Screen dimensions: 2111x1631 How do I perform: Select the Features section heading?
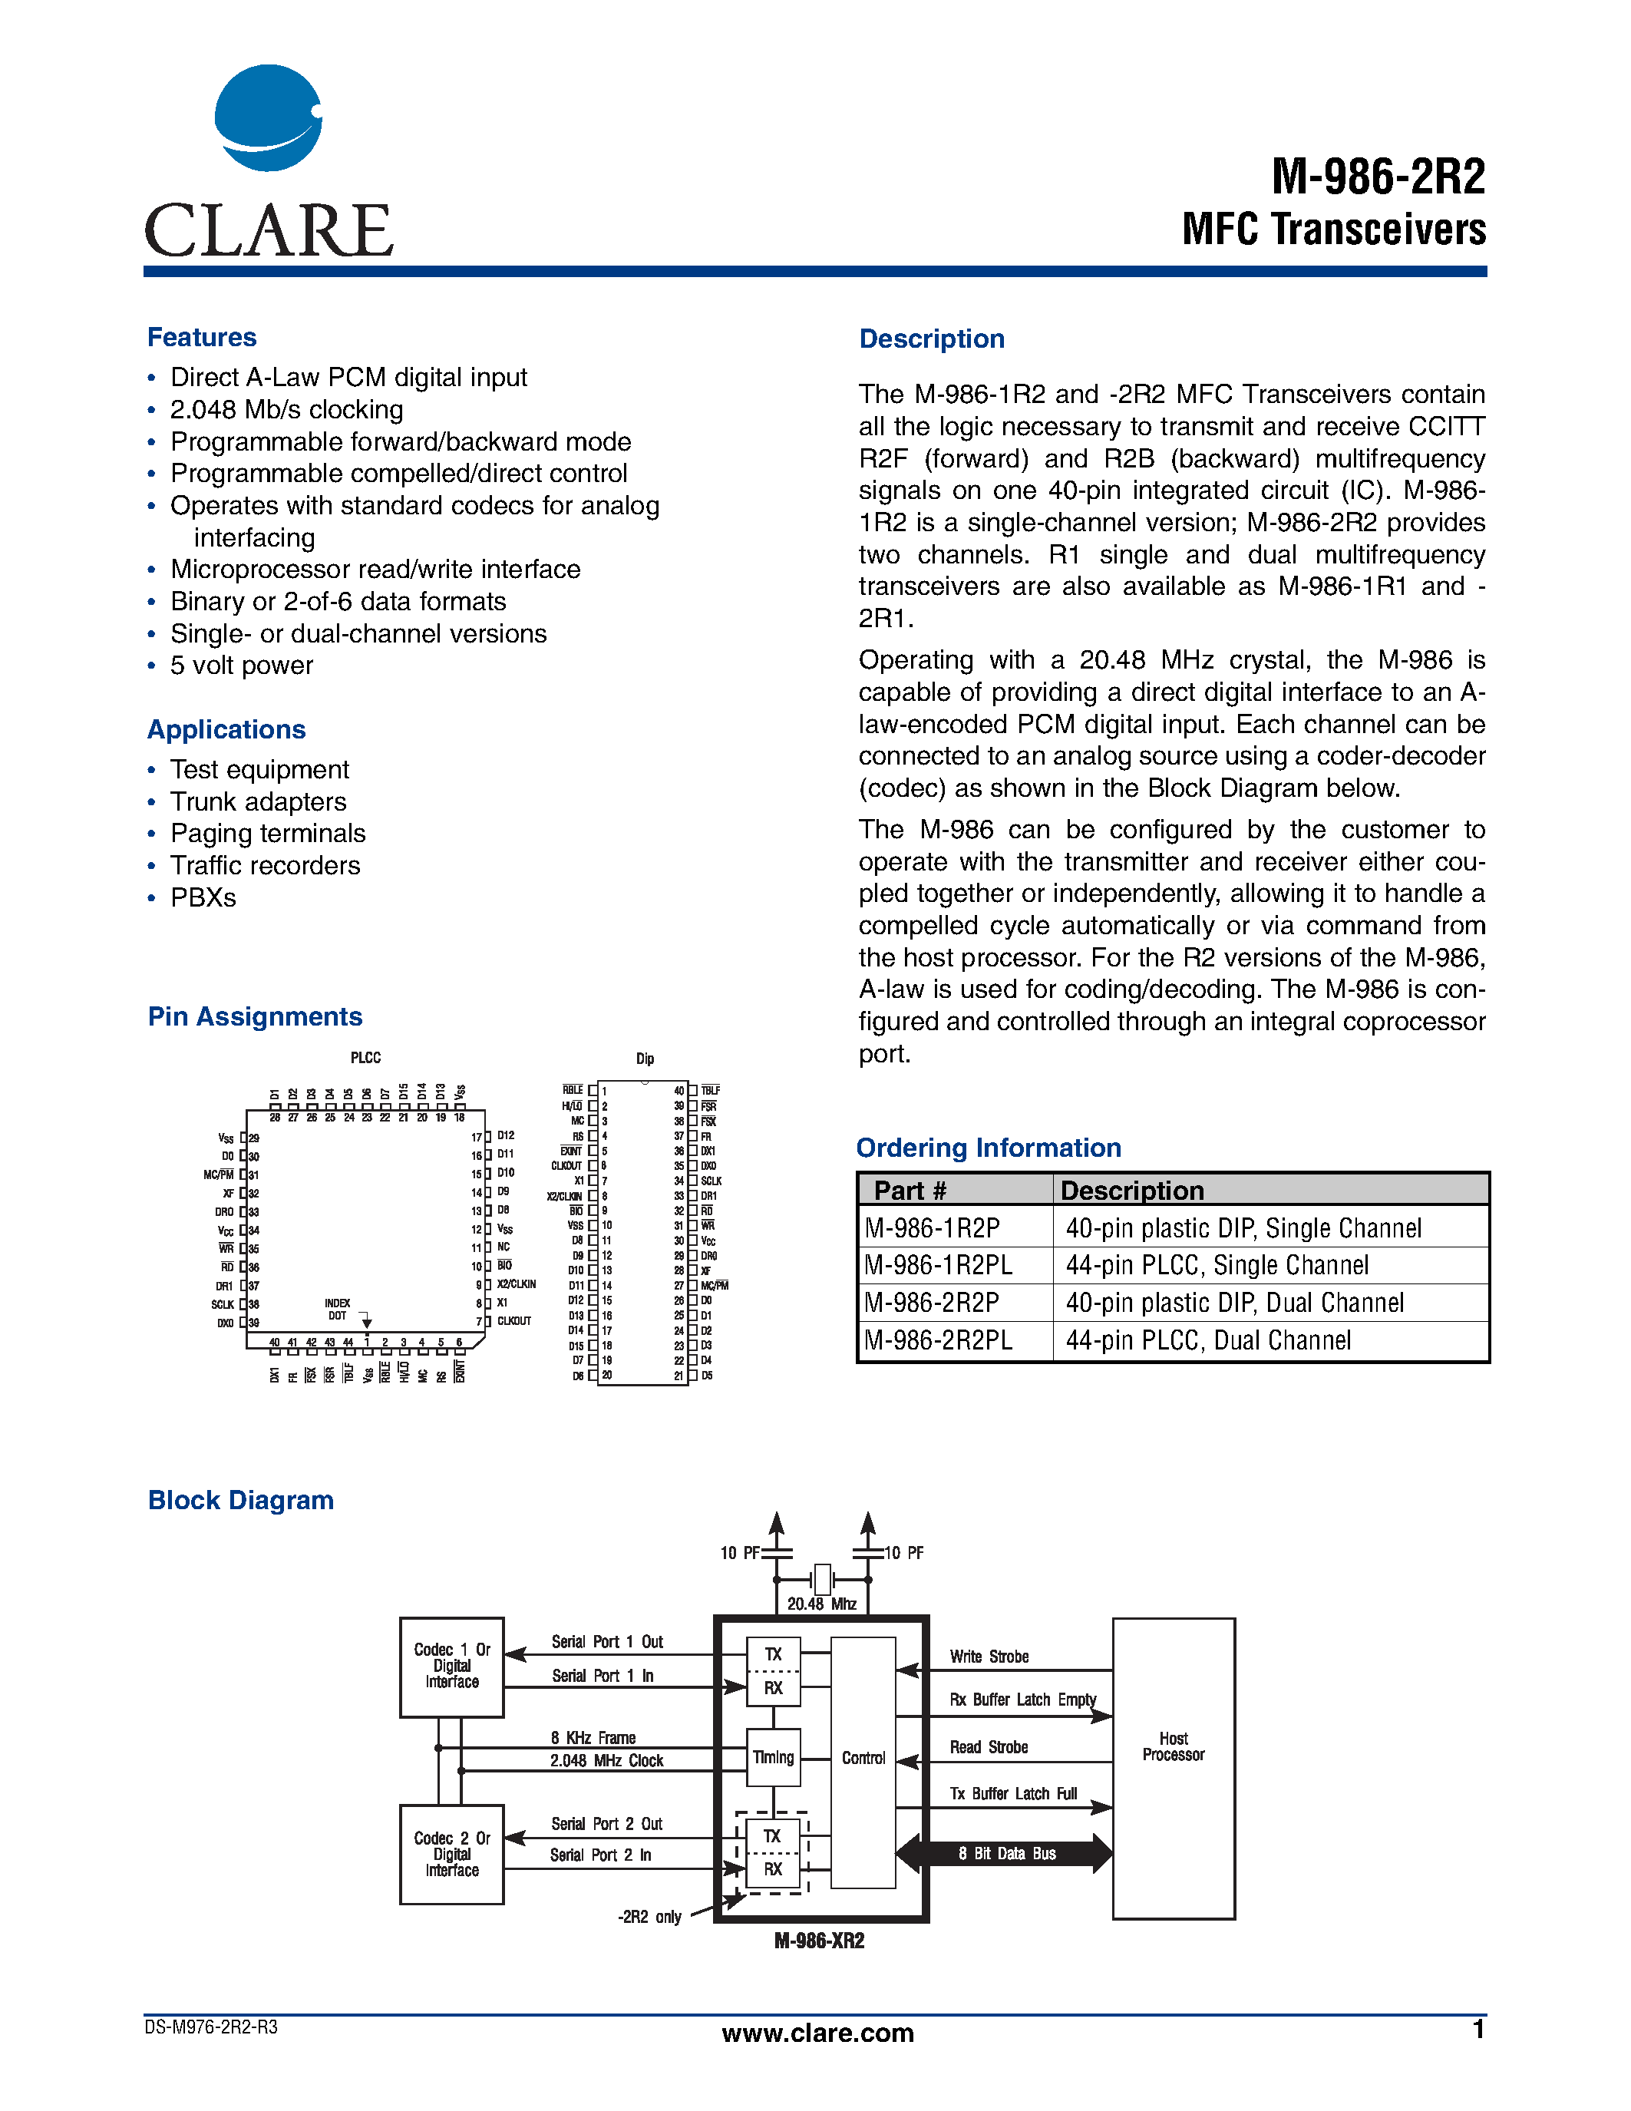(202, 337)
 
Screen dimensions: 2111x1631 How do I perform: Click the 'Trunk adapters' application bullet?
(258, 801)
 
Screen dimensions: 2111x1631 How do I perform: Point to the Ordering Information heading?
(989, 1148)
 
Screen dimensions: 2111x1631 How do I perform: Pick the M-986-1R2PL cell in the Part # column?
(938, 1265)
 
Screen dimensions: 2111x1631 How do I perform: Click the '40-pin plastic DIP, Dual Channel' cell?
(1234, 1303)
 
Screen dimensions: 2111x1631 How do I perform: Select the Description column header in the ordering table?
(1131, 1190)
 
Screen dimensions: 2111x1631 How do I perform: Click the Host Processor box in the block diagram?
(1173, 1768)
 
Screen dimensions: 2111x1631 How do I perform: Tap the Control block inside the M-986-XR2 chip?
(863, 1759)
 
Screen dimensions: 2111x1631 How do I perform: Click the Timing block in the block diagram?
(773, 1757)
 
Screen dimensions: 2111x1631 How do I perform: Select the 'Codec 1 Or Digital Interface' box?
(452, 1667)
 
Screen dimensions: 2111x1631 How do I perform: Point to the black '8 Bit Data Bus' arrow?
(1006, 1853)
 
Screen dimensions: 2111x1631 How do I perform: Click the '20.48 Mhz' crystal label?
(821, 1604)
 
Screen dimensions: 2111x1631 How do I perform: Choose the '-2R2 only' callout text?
(649, 1917)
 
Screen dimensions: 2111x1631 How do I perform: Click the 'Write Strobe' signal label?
(989, 1656)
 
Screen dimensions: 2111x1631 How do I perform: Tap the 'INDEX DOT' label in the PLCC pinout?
(337, 1309)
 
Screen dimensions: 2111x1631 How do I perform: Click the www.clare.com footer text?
(817, 2033)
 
